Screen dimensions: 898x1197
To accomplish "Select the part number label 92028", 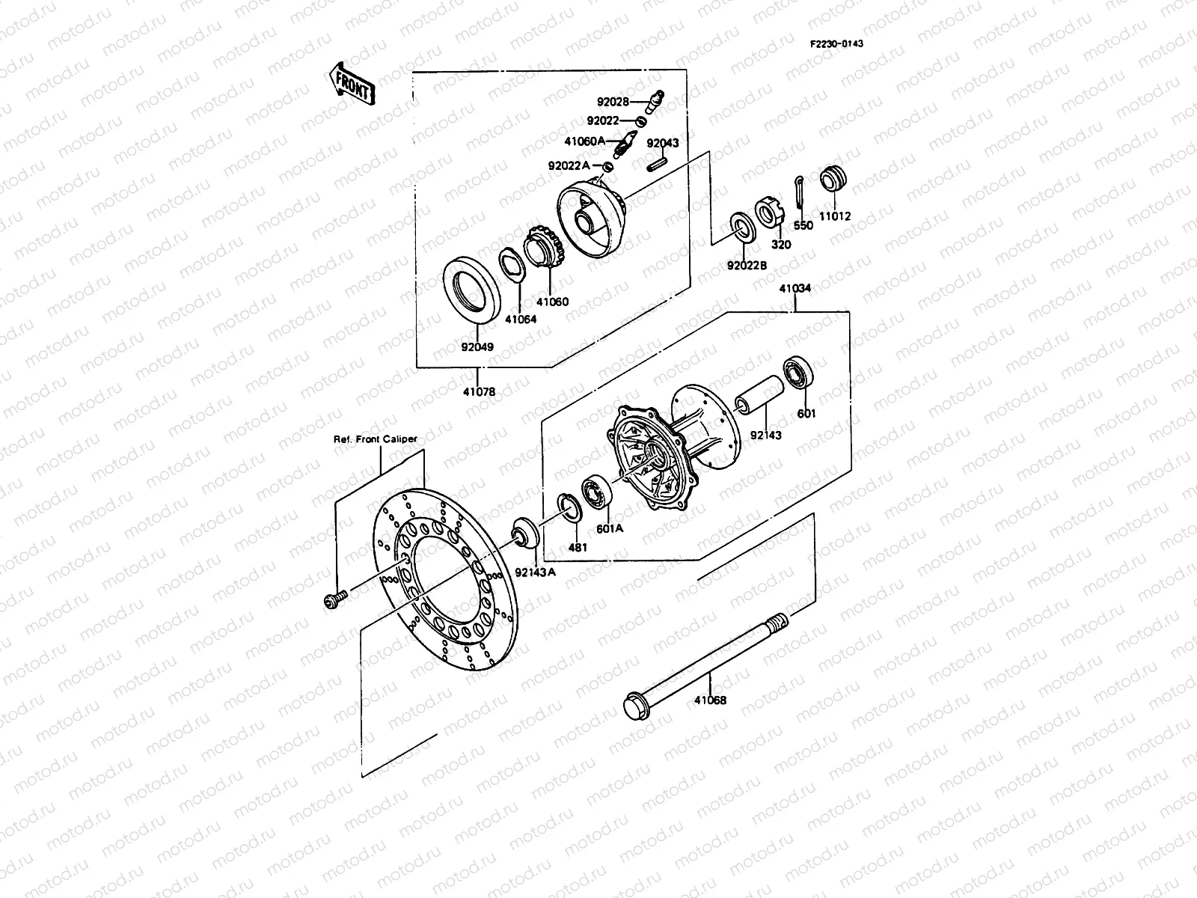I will click(x=612, y=102).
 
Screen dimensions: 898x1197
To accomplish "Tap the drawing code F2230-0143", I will click(x=836, y=43).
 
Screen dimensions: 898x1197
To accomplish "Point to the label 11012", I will click(x=835, y=216).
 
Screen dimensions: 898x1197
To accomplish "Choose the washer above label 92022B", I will click(x=742, y=227).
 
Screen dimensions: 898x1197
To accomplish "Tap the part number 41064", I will click(x=520, y=319).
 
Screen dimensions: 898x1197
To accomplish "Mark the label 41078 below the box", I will click(x=478, y=391).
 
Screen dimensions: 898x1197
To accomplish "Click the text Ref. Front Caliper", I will click(x=375, y=439).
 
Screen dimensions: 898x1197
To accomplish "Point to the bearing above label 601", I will click(x=798, y=375).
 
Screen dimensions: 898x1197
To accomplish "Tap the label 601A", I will click(x=609, y=528).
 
